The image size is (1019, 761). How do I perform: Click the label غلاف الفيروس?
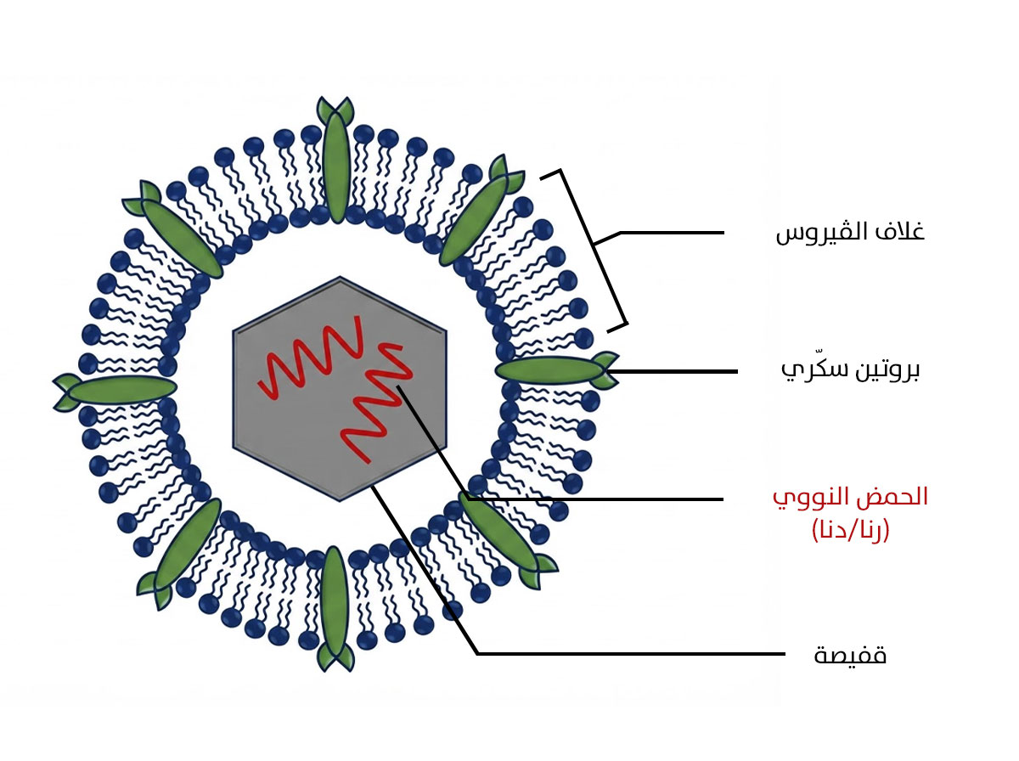coord(850,231)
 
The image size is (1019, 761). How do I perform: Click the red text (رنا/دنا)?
coord(850,530)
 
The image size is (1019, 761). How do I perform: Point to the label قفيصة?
coord(850,655)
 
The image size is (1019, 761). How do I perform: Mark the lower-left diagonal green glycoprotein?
coord(180,554)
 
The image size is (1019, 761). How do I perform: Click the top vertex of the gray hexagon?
coord(340,277)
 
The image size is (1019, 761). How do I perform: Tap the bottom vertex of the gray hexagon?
coord(340,500)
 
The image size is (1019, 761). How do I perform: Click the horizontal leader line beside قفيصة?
coord(632,653)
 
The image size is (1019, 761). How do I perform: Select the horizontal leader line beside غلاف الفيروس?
coord(673,232)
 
